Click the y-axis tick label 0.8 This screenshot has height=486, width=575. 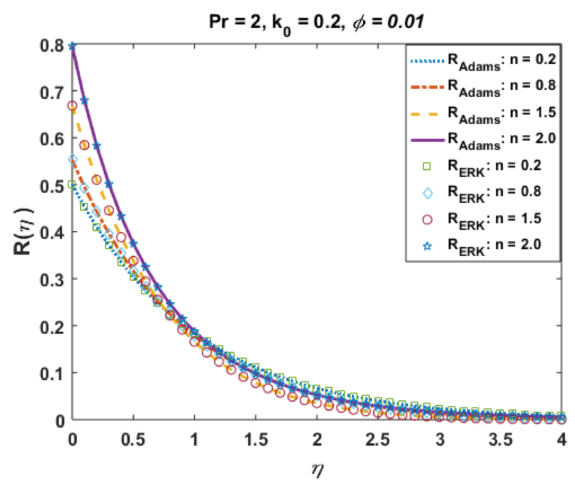52,46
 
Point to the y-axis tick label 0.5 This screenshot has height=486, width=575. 52,187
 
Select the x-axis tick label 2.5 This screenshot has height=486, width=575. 378,439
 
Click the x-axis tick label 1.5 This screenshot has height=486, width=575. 256,439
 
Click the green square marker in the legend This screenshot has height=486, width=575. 427,166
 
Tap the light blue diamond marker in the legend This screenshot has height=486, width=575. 427,193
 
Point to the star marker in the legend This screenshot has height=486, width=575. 427,246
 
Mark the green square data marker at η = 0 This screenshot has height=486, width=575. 72,184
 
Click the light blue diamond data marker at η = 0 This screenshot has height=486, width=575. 73,159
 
